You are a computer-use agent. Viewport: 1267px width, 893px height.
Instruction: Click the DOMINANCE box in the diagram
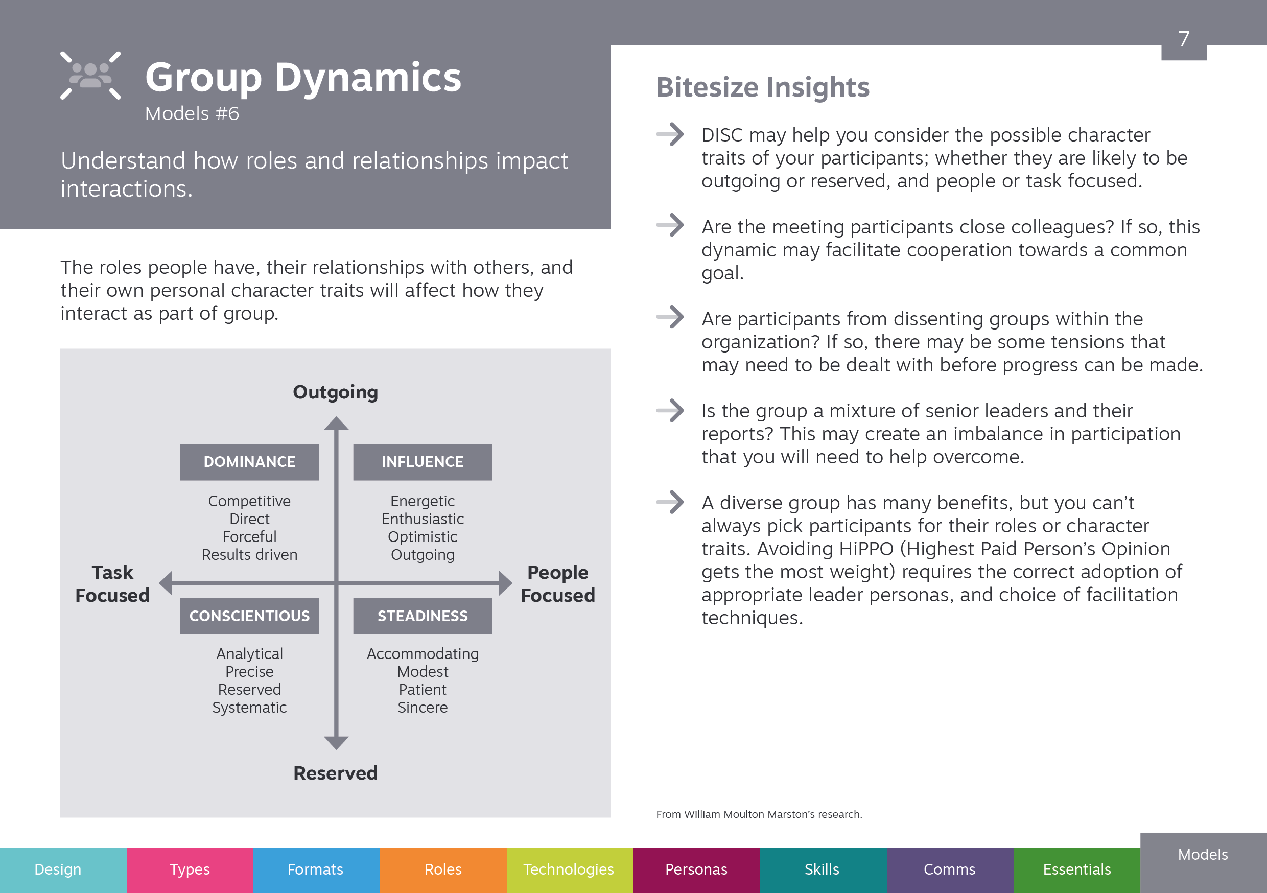tap(249, 462)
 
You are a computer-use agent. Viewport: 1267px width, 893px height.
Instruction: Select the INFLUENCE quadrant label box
tap(423, 462)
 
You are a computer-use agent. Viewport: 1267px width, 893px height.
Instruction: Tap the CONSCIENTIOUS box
tap(249, 616)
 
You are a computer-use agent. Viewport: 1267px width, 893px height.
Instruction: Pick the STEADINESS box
tap(423, 616)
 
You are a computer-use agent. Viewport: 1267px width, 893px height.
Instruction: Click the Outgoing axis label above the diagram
tap(336, 392)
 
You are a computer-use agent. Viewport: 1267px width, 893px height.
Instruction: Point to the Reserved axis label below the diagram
tap(336, 773)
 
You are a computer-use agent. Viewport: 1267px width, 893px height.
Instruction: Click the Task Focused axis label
tap(112, 584)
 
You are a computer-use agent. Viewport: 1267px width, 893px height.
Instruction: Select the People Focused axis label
tap(558, 584)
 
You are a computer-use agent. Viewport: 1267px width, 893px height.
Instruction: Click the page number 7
tap(1184, 39)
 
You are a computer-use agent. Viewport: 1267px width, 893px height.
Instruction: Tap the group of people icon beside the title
tap(90, 76)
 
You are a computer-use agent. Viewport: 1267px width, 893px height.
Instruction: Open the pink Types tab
tap(190, 870)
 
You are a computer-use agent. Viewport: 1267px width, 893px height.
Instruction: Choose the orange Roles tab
tap(443, 870)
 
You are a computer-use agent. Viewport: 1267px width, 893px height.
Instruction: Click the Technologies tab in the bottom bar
tap(570, 870)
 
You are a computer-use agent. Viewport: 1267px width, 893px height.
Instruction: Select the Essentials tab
tap(1076, 870)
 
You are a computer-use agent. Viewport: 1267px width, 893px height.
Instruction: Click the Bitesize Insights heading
tap(763, 87)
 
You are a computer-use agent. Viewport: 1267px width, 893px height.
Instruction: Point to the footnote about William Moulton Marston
tap(759, 815)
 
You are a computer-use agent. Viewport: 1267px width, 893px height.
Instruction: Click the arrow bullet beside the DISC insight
tap(670, 134)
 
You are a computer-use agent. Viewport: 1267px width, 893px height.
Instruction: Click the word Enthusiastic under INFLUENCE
tap(423, 520)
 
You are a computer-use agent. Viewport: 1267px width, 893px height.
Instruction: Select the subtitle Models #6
tap(192, 114)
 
